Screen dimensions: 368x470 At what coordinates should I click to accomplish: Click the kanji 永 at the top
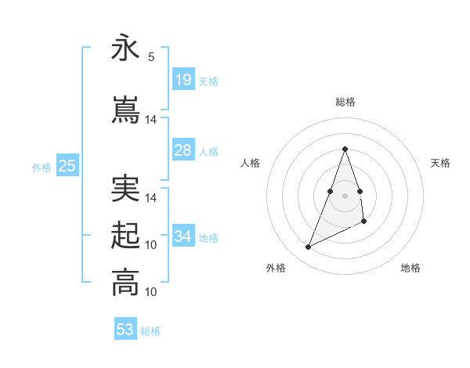[x=125, y=49]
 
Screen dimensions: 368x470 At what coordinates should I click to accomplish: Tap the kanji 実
[x=125, y=189]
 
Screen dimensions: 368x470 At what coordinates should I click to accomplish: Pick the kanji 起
[x=125, y=236]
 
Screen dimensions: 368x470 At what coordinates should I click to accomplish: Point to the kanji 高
[x=125, y=283]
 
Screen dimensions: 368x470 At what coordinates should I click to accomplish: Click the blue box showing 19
[x=183, y=80]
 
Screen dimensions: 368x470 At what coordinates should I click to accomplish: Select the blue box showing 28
[x=183, y=150]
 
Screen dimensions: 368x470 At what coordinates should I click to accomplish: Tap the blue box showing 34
[x=183, y=236]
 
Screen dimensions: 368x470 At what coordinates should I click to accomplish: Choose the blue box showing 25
[x=67, y=165]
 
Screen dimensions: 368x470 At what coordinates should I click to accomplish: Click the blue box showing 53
[x=125, y=330]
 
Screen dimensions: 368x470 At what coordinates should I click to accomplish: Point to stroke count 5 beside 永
[x=151, y=57]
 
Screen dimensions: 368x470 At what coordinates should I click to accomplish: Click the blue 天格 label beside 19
[x=208, y=81]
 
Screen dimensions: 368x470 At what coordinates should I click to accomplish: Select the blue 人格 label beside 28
[x=208, y=152]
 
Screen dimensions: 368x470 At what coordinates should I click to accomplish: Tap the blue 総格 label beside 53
[x=150, y=331]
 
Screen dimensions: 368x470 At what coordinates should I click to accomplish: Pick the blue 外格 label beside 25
[x=42, y=167]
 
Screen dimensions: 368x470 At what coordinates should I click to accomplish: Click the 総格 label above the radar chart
[x=345, y=102]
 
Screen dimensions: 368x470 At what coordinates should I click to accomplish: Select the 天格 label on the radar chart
[x=440, y=163]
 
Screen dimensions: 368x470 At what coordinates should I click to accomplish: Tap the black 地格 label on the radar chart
[x=410, y=268]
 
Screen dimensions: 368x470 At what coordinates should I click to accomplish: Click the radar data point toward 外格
[x=309, y=247]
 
